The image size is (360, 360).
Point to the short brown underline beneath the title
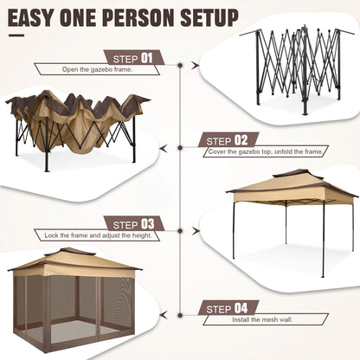[x=16, y=36]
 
